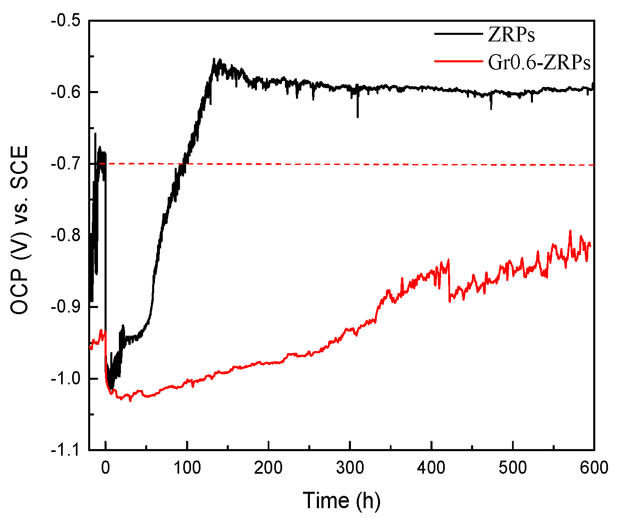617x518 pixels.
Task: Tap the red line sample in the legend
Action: coord(459,60)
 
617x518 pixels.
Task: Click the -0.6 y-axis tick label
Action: coord(66,92)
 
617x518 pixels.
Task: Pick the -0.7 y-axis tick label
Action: coord(66,164)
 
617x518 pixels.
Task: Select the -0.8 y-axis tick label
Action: coord(66,235)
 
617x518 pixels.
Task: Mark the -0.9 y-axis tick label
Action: coord(66,307)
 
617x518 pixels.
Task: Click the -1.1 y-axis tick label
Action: coord(66,450)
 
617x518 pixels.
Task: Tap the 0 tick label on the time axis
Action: coord(106,468)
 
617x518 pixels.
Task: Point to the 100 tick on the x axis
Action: coord(187,468)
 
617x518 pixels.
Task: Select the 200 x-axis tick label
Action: coord(268,468)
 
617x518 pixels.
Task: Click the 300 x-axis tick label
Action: coord(350,468)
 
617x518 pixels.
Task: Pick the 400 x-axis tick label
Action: coord(431,468)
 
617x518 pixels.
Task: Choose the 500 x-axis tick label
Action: coord(512,468)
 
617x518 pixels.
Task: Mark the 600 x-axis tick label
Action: coord(594,468)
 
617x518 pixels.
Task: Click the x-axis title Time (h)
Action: coord(342,500)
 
